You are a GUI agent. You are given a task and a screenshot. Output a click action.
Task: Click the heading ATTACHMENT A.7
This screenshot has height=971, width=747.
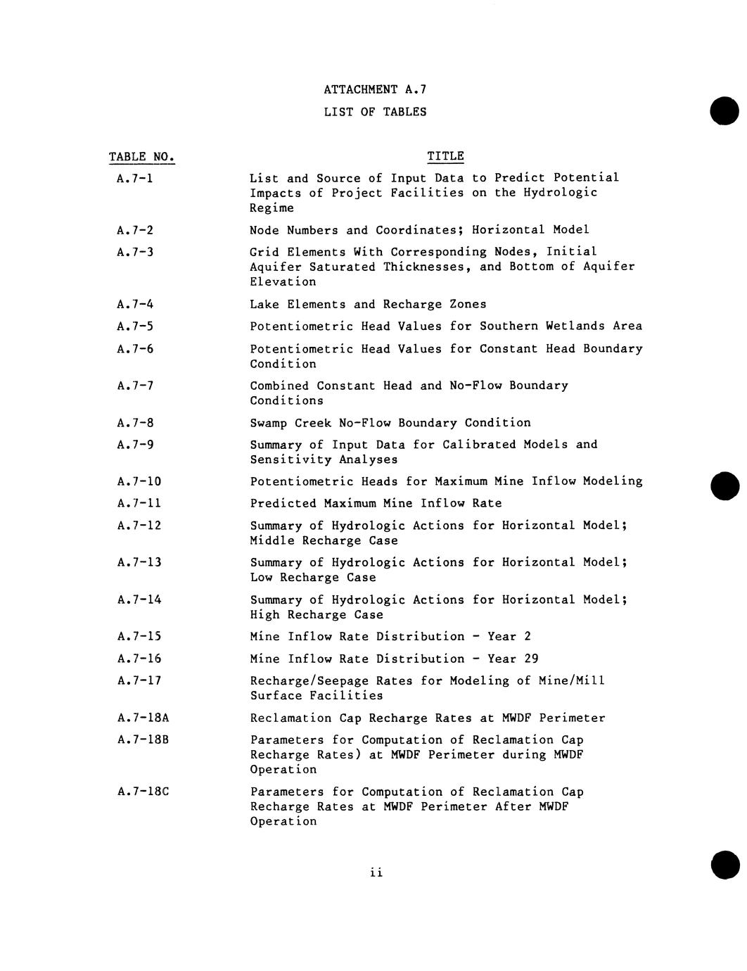pyautogui.click(x=375, y=89)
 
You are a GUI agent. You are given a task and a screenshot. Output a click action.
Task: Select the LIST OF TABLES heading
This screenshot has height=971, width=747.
pyautogui.click(x=375, y=112)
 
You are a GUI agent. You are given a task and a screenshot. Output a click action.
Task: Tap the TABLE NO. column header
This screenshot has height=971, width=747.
pyautogui.click(x=141, y=157)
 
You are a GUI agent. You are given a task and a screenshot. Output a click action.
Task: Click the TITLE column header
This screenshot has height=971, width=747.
pyautogui.click(x=445, y=156)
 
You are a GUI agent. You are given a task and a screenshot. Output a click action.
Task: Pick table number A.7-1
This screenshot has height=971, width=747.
pyautogui.click(x=135, y=179)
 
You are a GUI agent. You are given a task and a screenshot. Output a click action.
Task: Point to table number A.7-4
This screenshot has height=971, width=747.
pyautogui.click(x=135, y=305)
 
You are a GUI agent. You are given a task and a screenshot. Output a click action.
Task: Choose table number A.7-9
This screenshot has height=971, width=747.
pyautogui.click(x=135, y=445)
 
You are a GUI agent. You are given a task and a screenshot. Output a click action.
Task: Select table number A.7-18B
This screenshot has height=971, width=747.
pyautogui.click(x=143, y=740)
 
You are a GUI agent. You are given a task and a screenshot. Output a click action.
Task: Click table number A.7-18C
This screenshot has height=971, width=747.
pyautogui.click(x=143, y=792)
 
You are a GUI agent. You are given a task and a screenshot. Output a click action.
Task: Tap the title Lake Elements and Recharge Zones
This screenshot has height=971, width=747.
pyautogui.click(x=368, y=305)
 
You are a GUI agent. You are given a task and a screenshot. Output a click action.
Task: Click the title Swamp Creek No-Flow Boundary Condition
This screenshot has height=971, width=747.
pyautogui.click(x=390, y=423)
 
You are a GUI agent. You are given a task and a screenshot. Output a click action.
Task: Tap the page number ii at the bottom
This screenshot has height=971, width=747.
pyautogui.click(x=376, y=873)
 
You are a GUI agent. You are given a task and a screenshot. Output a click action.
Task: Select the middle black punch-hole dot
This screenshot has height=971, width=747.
pyautogui.click(x=724, y=486)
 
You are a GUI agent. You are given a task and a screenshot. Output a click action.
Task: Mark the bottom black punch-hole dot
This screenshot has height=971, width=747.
pyautogui.click(x=724, y=865)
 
